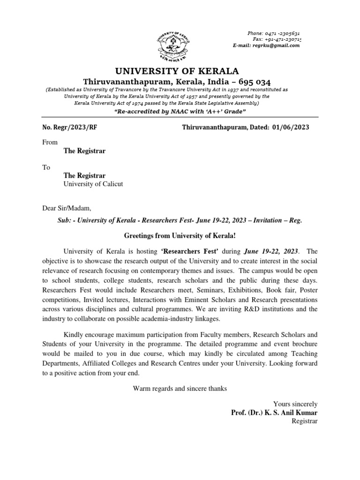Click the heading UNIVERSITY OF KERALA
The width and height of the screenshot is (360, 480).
177,71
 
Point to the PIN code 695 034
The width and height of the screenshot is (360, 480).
250,82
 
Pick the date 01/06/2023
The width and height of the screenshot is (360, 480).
291,127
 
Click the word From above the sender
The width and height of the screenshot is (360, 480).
50,142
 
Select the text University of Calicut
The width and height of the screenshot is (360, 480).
93,184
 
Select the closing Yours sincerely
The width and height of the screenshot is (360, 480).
295,404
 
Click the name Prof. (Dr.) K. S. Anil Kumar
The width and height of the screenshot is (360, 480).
274,412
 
